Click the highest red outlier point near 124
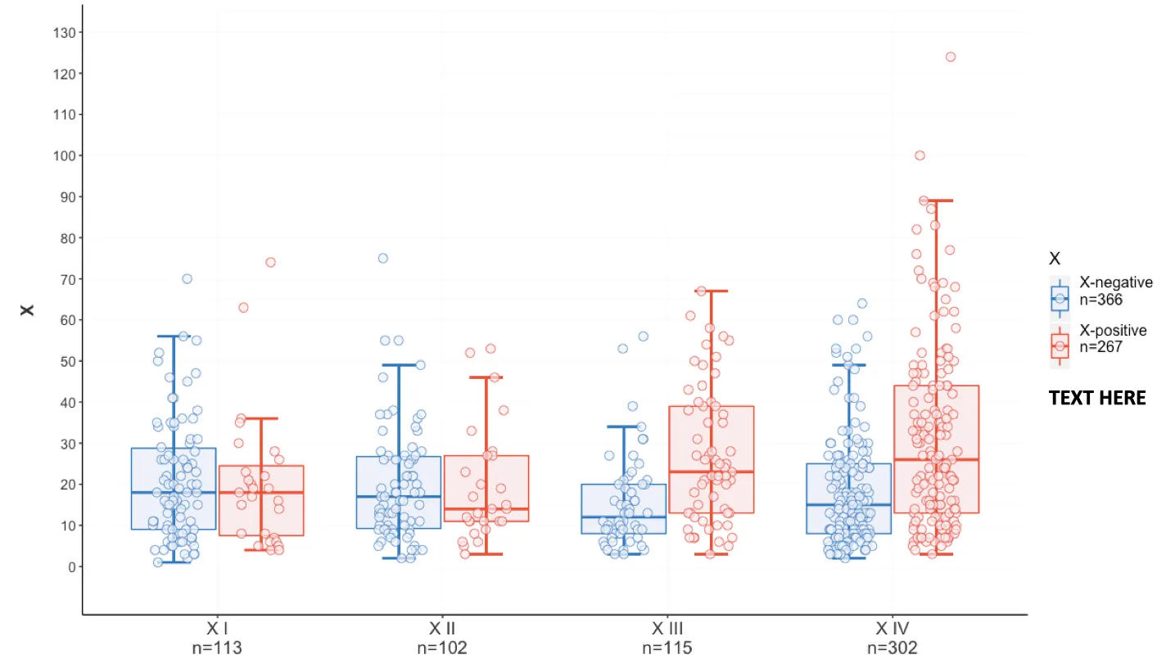coord(951,57)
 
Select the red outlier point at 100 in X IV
coord(920,156)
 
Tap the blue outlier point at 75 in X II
coord(383,258)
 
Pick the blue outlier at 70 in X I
coord(187,278)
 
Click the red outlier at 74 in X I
coord(270,262)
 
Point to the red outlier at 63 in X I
coord(243,308)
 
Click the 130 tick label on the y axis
coord(65,32)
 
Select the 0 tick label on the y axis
coord(72,566)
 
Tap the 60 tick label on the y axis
coord(68,320)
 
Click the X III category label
coord(667,629)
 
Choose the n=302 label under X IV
coord(893,648)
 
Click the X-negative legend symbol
coord(1060,299)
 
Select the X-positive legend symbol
coord(1060,346)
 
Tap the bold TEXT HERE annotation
coord(1097,399)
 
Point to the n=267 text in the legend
coord(1102,346)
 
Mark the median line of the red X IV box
coord(936,459)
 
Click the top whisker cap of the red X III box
coord(712,291)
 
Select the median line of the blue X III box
coord(624,517)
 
